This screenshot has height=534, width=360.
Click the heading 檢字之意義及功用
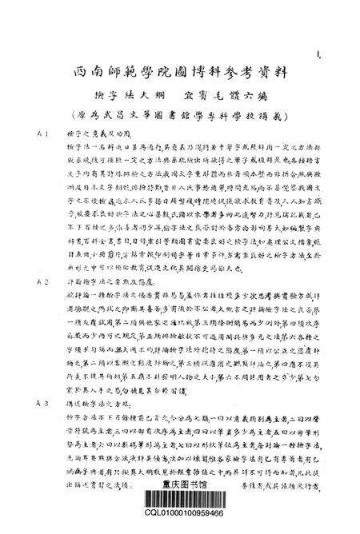pos(88,135)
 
